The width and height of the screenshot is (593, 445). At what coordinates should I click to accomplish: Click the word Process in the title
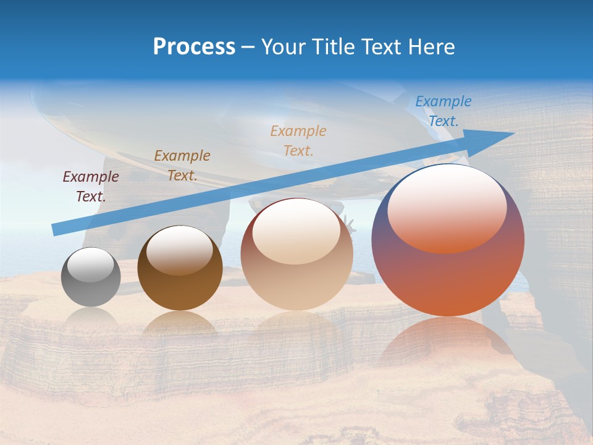194,46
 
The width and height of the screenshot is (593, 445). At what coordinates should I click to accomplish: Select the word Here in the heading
431,46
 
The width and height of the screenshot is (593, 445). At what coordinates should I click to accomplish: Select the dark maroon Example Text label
91,186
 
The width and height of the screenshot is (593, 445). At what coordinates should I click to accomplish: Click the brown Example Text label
182,165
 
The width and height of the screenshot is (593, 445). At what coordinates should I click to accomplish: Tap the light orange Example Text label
298,140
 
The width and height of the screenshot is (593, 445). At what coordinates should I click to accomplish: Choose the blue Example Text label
443,111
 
